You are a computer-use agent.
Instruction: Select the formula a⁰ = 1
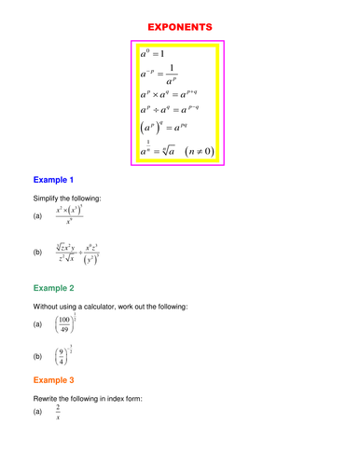(x=152, y=53)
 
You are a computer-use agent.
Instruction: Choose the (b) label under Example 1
(x=38, y=252)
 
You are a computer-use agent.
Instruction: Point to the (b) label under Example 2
(x=38, y=357)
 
